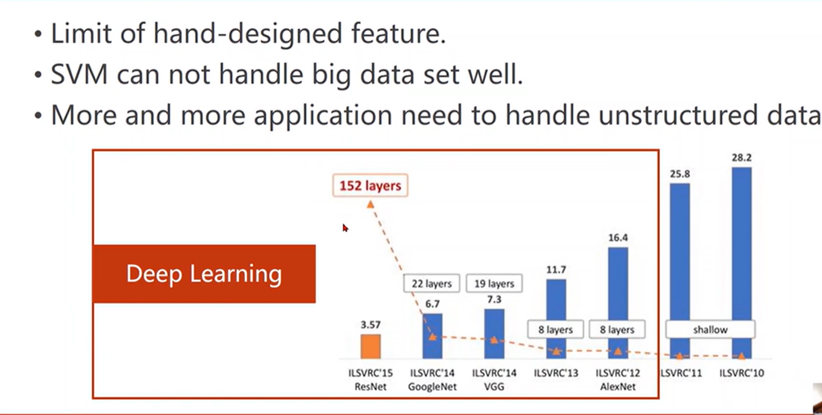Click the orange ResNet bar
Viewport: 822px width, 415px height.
371,346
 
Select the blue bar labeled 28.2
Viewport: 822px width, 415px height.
742,263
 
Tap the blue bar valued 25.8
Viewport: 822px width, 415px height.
680,271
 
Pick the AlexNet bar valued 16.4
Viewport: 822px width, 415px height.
618,303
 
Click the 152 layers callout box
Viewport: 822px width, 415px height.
370,186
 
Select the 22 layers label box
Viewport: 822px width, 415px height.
432,284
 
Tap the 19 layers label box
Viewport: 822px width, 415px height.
494,284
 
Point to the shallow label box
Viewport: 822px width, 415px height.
711,329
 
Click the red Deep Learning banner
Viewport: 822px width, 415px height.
204,274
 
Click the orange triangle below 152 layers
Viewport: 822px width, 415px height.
370,204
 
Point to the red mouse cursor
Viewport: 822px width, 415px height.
345,228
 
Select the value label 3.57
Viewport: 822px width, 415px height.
371,324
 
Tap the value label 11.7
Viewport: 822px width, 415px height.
556,270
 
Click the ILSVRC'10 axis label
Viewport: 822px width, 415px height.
742,373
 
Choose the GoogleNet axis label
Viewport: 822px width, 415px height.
432,387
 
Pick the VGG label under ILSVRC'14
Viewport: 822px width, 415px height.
494,387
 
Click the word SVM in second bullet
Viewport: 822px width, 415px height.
79,74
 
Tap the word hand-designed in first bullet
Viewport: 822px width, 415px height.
248,34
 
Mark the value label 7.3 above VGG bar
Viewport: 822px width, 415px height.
494,300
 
